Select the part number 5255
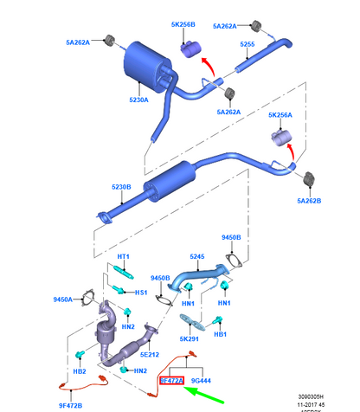coord(247,44)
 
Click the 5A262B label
coord(308,202)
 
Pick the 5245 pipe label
coord(199,257)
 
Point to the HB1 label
coord(220,333)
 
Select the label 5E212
coord(150,355)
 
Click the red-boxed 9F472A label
coord(171,379)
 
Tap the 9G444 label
coord(201,379)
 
